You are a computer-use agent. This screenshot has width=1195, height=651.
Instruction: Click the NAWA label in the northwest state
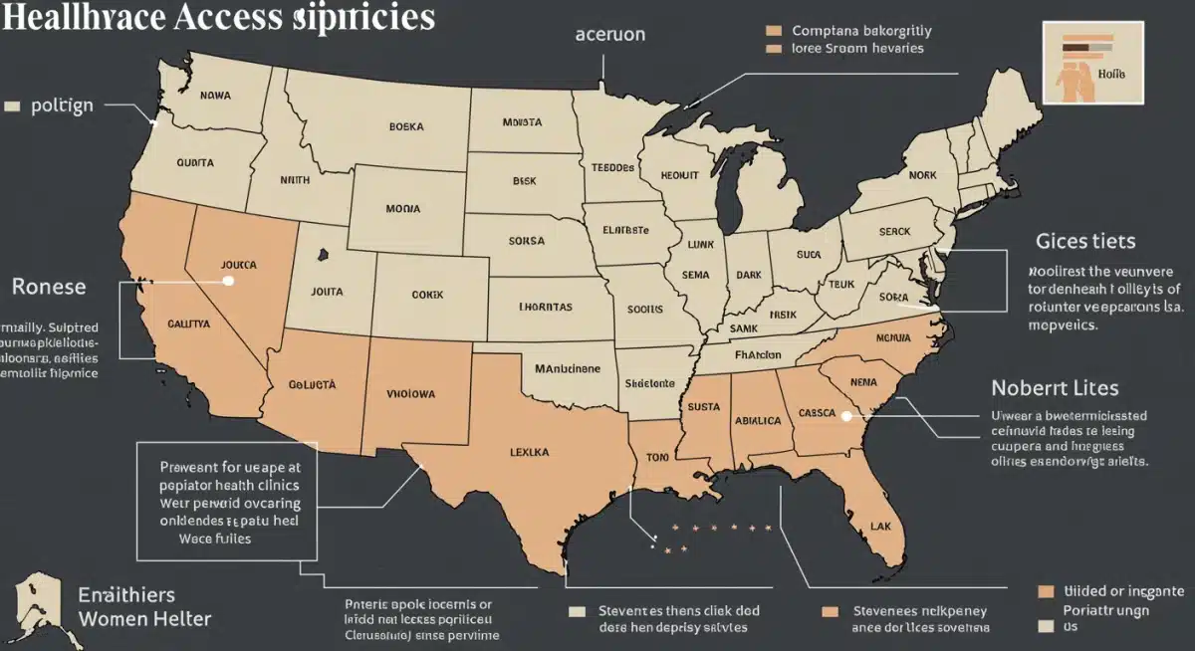tap(215, 96)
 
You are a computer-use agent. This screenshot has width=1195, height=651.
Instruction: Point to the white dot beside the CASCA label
tap(845, 417)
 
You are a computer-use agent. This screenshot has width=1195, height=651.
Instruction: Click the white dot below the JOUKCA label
tap(228, 281)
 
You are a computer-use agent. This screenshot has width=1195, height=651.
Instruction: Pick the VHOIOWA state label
tap(410, 393)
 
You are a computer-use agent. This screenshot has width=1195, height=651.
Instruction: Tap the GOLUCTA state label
tap(313, 383)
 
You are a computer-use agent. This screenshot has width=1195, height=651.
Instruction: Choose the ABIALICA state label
tap(758, 420)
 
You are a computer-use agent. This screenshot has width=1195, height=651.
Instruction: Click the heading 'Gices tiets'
tap(1085, 241)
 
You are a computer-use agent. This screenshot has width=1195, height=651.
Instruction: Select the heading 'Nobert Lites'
tap(1055, 387)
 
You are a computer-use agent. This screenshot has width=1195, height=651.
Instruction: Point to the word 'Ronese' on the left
tap(49, 287)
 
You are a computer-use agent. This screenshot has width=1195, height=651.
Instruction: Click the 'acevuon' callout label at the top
tap(610, 34)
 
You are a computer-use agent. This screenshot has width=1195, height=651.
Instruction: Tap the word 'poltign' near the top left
tap(62, 106)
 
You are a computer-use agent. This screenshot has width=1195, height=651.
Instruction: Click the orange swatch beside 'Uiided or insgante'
tap(1045, 591)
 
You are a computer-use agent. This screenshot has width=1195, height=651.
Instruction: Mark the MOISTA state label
tap(522, 122)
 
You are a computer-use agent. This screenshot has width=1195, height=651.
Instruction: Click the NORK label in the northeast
tap(922, 175)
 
